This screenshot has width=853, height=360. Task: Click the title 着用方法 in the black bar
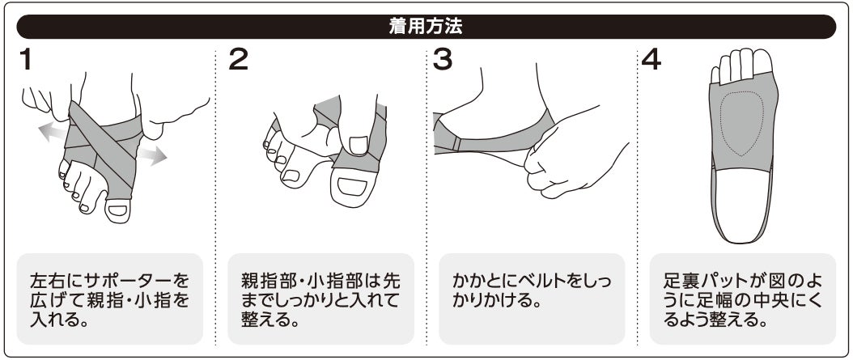[426, 27]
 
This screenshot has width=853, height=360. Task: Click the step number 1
[25, 59]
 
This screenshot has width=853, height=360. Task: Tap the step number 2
[238, 59]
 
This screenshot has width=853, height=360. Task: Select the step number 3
[442, 59]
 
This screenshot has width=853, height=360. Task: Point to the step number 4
[651, 59]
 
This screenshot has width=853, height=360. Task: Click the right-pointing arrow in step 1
[151, 155]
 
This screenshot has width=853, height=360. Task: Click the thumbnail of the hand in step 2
[358, 145]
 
